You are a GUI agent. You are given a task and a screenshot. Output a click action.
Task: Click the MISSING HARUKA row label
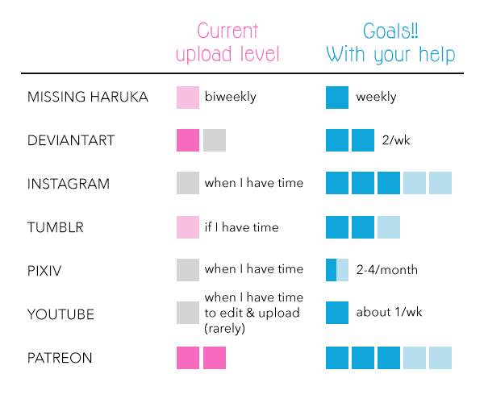click(x=88, y=97)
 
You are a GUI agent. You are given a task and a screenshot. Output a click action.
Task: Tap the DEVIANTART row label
click(x=71, y=140)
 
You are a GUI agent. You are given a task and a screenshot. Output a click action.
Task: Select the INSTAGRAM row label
click(x=69, y=184)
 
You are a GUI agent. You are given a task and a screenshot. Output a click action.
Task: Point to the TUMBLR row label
click(x=56, y=227)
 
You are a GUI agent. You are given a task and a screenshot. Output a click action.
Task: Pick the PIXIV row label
click(x=44, y=271)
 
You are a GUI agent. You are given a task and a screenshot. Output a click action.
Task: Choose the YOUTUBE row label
click(x=60, y=314)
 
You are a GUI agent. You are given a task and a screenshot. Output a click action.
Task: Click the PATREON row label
click(x=60, y=358)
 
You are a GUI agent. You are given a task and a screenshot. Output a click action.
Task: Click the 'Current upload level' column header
click(x=227, y=43)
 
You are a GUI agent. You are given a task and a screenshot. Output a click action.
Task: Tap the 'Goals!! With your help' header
click(x=390, y=43)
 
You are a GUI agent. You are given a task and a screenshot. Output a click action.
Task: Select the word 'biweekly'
click(x=230, y=97)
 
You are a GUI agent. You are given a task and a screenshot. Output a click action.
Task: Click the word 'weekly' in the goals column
click(x=376, y=97)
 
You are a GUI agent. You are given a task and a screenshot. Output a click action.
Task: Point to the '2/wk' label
click(x=396, y=140)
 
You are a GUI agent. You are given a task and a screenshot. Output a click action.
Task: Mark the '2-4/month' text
click(x=387, y=270)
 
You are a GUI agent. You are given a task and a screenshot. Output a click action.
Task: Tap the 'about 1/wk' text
click(x=389, y=312)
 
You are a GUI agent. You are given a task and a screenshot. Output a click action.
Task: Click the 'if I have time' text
click(x=242, y=227)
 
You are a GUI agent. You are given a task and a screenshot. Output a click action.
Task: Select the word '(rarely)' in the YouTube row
click(x=225, y=328)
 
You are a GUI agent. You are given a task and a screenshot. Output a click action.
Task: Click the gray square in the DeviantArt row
click(x=215, y=140)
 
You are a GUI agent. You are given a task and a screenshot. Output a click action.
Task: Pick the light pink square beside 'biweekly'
click(x=188, y=98)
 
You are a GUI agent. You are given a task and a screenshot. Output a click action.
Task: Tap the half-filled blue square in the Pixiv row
click(x=337, y=270)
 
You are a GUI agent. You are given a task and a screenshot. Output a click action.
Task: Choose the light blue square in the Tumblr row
click(x=389, y=227)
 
